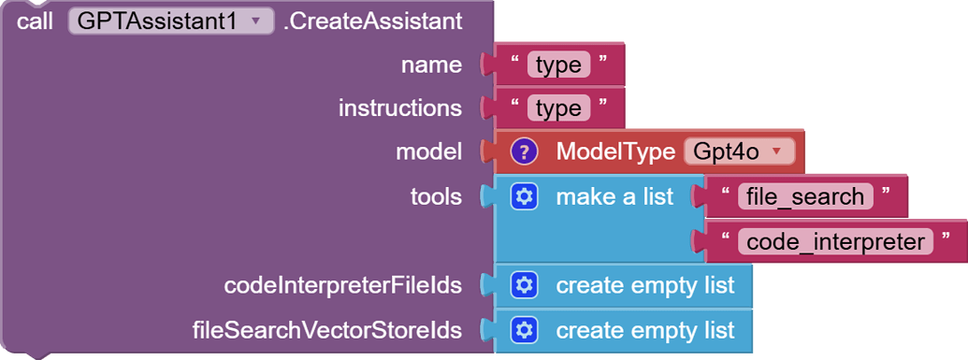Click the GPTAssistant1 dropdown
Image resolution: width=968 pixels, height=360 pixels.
tap(170, 22)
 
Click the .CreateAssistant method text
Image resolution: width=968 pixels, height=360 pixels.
tap(372, 22)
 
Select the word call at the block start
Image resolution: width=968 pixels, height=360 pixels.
tap(36, 22)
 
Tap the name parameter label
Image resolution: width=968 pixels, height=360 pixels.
tap(431, 65)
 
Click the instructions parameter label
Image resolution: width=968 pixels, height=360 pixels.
tap(399, 108)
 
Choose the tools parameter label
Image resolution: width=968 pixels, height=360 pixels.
tap(436, 196)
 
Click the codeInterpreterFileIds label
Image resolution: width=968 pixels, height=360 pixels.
tap(342, 285)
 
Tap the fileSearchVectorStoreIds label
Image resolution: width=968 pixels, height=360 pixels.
tap(326, 330)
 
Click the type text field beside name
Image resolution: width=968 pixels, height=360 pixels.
tap(558, 65)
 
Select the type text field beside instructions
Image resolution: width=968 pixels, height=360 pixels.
tap(558, 108)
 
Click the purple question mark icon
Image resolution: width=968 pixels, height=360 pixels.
tap(525, 151)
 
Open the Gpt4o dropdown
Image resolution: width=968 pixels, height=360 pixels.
tap(739, 151)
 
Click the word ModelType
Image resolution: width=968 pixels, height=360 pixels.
tap(615, 151)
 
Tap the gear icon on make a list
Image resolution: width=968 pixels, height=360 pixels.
tap(525, 196)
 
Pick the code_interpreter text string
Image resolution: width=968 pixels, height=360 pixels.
tap(837, 241)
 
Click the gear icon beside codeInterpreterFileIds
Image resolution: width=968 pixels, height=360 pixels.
tap(525, 285)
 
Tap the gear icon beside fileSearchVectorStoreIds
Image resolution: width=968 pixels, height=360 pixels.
tap(525, 330)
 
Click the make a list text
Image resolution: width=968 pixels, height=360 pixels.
tap(614, 196)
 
